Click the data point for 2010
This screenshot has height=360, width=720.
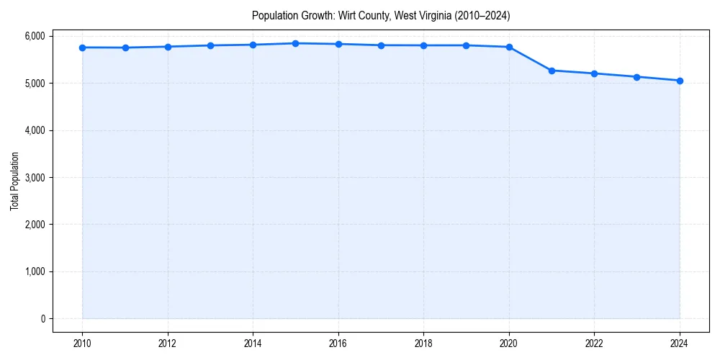tap(83, 48)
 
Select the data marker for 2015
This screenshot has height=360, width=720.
tap(296, 43)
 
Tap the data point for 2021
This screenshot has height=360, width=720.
tap(552, 71)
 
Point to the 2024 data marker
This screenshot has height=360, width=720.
tap(680, 81)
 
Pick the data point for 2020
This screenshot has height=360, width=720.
tap(509, 47)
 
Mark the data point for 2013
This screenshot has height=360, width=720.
tap(210, 45)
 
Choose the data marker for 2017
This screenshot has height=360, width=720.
tap(381, 45)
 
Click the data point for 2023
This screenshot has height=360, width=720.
tap(637, 77)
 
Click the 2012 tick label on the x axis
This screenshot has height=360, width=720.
tap(168, 343)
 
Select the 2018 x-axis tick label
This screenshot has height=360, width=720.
tap(423, 343)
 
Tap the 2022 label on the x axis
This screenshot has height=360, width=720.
tap(594, 343)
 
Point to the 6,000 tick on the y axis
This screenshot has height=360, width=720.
tap(34, 36)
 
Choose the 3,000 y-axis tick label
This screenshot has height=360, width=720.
tap(34, 177)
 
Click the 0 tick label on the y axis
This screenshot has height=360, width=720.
tap(42, 319)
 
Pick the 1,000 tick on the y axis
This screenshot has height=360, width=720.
tap(34, 271)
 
